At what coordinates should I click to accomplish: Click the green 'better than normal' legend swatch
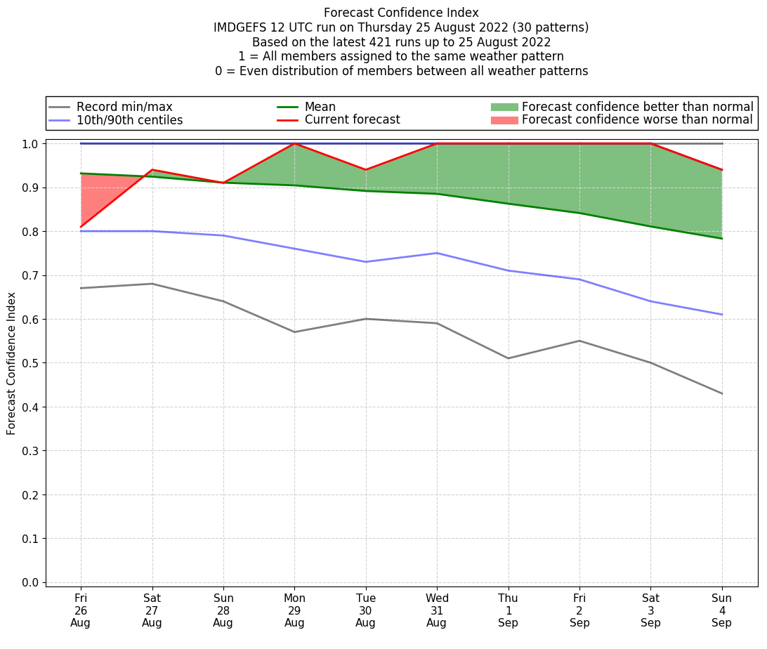tap(504, 107)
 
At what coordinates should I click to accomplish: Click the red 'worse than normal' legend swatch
tap(504, 120)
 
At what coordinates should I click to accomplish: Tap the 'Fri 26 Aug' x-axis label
tap(81, 610)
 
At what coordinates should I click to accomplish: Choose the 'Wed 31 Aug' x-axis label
tap(437, 610)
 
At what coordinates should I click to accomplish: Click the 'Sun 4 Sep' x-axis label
tap(721, 610)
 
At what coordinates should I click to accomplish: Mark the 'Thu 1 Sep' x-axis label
tap(508, 610)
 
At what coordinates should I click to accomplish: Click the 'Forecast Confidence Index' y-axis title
tap(12, 363)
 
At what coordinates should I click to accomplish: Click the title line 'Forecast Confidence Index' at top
tap(401, 13)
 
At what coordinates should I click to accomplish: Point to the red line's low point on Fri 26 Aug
tap(81, 227)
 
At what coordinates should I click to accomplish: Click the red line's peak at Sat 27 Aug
tap(152, 170)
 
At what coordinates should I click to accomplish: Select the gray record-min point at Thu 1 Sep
tap(508, 358)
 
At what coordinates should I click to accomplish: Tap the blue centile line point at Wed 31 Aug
tap(437, 253)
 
